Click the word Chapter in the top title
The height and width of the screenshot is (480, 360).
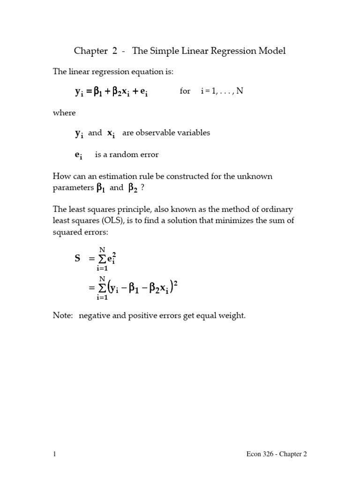click(x=91, y=51)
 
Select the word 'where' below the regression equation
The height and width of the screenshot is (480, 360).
click(x=64, y=112)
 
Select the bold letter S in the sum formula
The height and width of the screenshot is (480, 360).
click(x=77, y=258)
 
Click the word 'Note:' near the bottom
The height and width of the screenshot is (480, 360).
click(x=63, y=316)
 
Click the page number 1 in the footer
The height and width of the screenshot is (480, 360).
click(x=54, y=454)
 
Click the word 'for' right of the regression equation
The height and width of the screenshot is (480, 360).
click(x=185, y=91)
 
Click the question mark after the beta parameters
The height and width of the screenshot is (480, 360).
click(x=142, y=188)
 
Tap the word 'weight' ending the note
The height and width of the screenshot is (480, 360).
click(x=232, y=316)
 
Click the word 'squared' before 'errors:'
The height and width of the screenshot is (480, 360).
click(x=67, y=232)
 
